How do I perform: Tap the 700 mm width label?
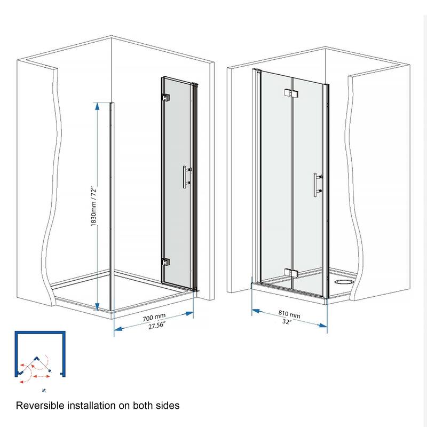point(154,319)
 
